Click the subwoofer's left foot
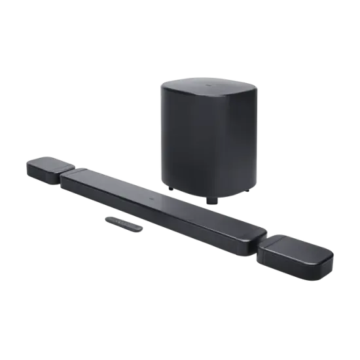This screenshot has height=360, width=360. tap(170, 190)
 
